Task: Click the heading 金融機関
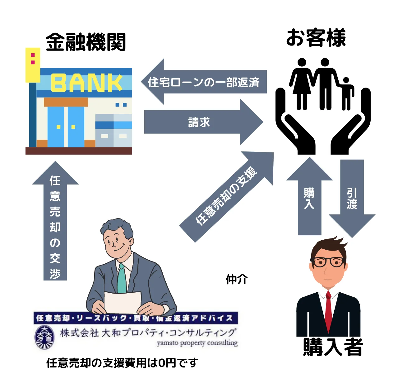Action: (86, 42)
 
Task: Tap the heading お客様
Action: (316, 38)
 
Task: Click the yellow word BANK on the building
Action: (86, 83)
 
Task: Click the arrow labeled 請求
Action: (199, 122)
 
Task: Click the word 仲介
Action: (237, 279)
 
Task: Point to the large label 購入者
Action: (333, 347)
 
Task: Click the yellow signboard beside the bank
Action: (33, 65)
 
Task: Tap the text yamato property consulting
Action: (197, 343)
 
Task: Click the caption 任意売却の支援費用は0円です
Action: (122, 363)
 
